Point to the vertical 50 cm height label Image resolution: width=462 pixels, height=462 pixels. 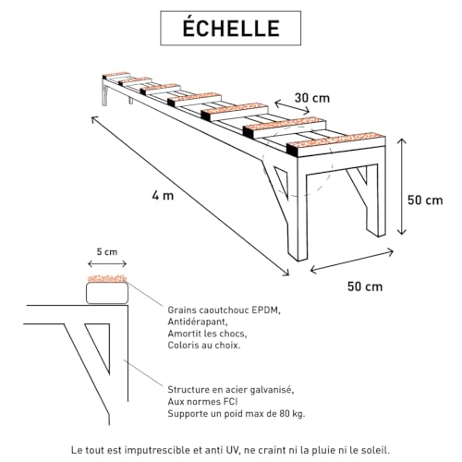(427, 199)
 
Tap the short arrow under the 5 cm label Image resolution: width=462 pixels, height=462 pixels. (106, 263)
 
